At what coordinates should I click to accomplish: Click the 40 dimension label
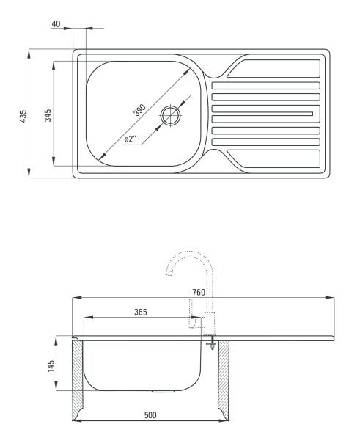(x=56, y=24)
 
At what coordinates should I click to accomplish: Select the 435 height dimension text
(x=23, y=117)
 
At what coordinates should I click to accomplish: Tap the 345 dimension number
(x=48, y=115)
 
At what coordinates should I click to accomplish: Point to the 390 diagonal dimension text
(x=139, y=110)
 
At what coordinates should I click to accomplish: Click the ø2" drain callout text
(x=131, y=139)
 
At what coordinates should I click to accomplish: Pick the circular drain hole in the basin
(x=171, y=115)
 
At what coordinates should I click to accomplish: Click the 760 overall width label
(x=199, y=292)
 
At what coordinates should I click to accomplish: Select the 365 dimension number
(x=141, y=312)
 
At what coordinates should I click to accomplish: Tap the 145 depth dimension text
(x=51, y=366)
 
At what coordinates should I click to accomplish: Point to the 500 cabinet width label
(x=150, y=415)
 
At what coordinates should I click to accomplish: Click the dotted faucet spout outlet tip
(x=169, y=274)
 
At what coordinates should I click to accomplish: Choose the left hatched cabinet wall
(x=77, y=380)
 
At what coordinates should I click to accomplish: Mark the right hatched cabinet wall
(x=224, y=380)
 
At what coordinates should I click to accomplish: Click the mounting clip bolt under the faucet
(x=212, y=343)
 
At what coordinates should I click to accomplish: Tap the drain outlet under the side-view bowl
(x=163, y=392)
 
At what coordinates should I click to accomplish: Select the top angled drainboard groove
(x=273, y=68)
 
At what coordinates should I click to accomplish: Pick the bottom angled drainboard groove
(x=273, y=158)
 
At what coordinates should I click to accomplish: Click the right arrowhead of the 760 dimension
(x=330, y=298)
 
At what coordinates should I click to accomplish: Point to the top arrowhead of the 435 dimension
(x=29, y=54)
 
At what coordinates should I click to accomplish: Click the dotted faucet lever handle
(x=193, y=313)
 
